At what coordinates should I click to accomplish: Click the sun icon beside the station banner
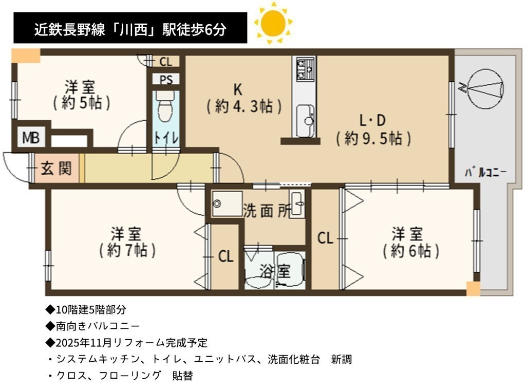click(273, 23)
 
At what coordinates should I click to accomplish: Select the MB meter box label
click(31, 138)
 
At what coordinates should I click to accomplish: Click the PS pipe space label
click(166, 80)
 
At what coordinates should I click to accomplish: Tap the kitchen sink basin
click(305, 120)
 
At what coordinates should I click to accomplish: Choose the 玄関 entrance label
click(56, 168)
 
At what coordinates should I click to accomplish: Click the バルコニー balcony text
click(485, 173)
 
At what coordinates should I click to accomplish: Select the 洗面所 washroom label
click(267, 211)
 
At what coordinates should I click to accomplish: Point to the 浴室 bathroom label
click(275, 271)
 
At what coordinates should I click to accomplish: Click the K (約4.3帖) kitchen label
click(244, 98)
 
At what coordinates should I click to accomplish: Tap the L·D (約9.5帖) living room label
click(373, 129)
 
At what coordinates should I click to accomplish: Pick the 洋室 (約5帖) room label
click(82, 95)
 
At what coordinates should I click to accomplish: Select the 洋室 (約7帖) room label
click(127, 243)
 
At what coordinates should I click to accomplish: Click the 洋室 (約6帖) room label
click(411, 243)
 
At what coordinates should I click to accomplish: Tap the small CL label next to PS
click(166, 62)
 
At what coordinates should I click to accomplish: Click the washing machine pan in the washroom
click(228, 203)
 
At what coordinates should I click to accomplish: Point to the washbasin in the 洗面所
click(297, 203)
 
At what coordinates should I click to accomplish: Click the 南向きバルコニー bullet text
click(92, 326)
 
